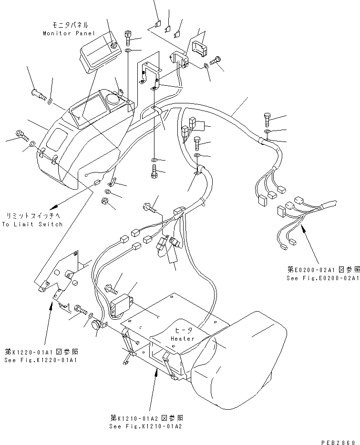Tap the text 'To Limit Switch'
pos(32,224)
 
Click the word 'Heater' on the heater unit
pos(183,339)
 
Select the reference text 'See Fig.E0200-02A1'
pos(323,278)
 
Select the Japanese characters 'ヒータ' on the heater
pos(183,330)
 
